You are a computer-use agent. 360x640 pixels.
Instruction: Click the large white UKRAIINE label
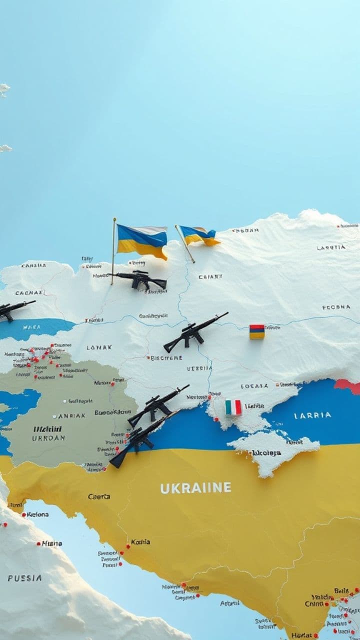[195, 488]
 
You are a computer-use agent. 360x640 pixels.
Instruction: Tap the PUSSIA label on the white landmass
[24, 578]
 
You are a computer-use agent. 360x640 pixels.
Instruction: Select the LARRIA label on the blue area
[312, 415]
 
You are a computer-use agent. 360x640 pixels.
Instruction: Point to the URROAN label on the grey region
[48, 438]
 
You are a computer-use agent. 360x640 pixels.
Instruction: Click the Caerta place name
[99, 496]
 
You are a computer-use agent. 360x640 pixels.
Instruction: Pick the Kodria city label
[140, 542]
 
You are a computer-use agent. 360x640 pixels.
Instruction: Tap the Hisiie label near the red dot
[52, 543]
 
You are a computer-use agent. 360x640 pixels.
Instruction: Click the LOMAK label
[99, 347]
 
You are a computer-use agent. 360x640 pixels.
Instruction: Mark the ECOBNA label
[336, 307]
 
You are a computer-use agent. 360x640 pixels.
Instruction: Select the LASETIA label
[331, 247]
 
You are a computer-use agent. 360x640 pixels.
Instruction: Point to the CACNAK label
[28, 293]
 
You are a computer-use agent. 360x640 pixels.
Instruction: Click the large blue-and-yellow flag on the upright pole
[142, 241]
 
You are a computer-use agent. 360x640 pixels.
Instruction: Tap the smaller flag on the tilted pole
[199, 235]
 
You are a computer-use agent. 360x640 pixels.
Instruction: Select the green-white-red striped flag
[233, 407]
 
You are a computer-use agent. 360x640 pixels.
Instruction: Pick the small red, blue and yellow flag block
[257, 332]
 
